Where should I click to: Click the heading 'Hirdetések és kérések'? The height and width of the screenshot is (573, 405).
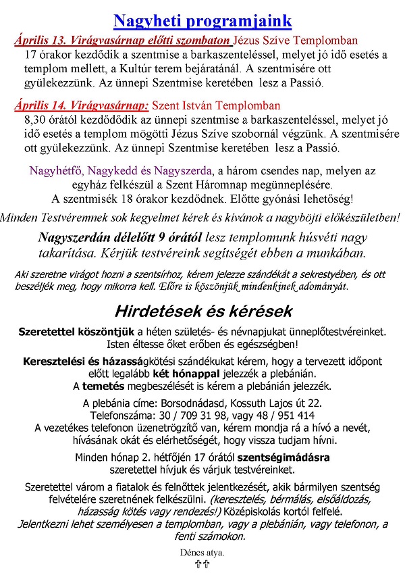[x=203, y=312]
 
